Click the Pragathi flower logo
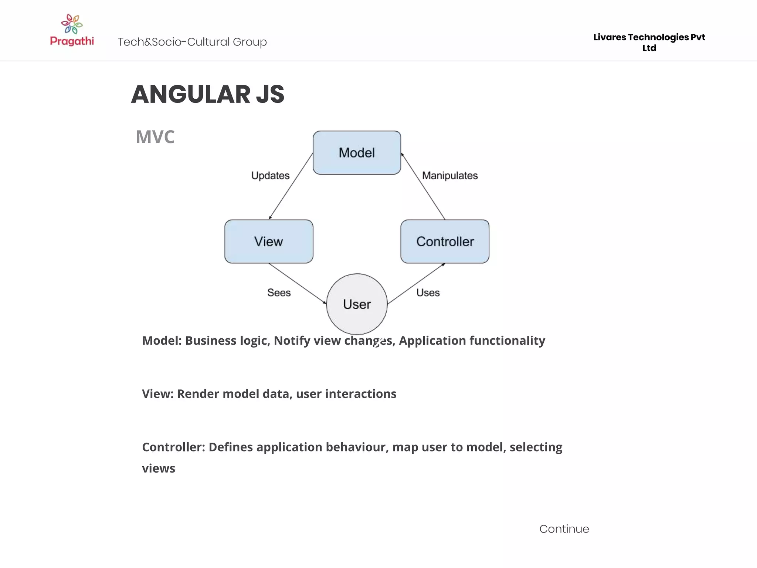click(x=72, y=24)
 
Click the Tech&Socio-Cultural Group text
click(x=192, y=42)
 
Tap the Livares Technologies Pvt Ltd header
click(x=649, y=42)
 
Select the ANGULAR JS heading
click(x=208, y=94)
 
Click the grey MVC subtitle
click(x=155, y=137)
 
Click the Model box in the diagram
click(x=357, y=152)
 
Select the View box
click(x=269, y=241)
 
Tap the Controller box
click(x=445, y=241)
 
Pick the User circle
click(x=357, y=304)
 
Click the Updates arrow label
click(x=270, y=175)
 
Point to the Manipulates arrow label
click(x=450, y=175)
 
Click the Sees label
click(x=279, y=293)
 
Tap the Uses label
click(x=428, y=293)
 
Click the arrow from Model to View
click(x=291, y=186)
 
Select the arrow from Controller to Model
click(x=423, y=186)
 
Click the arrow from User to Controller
click(x=416, y=284)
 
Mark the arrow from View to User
click(x=298, y=284)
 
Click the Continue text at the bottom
click(x=564, y=529)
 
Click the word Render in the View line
click(x=198, y=394)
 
